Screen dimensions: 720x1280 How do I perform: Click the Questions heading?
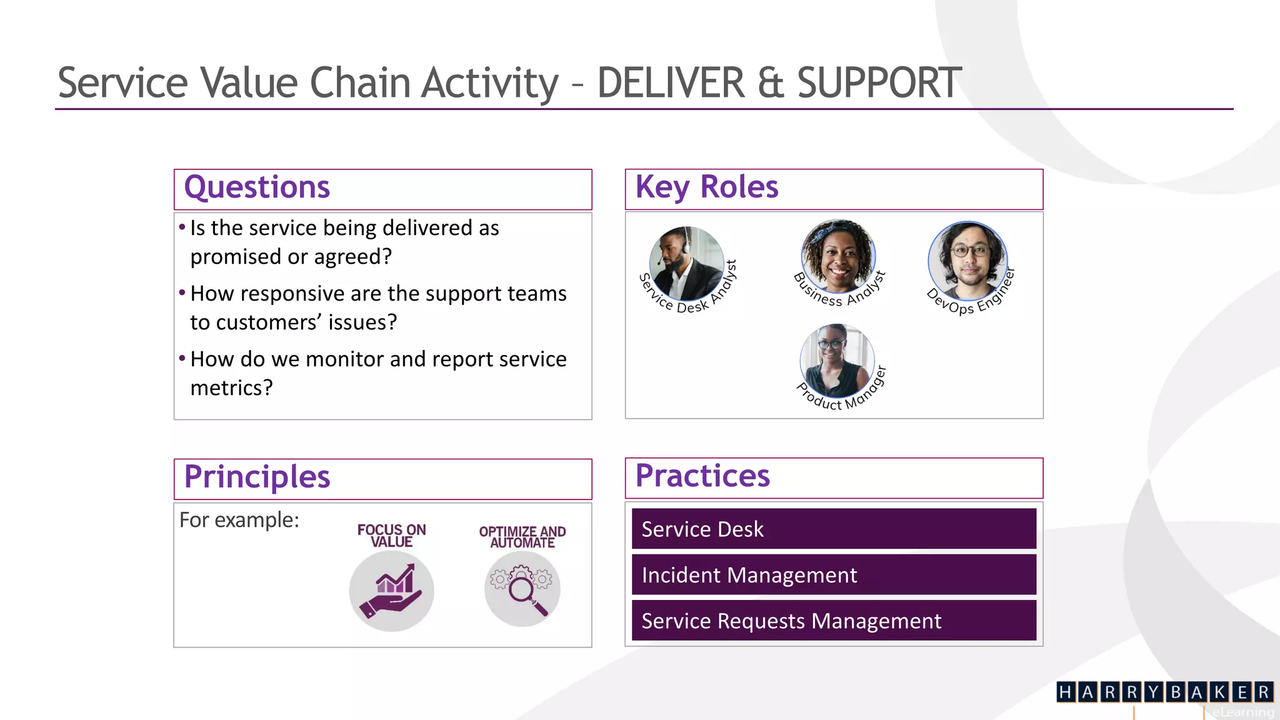tap(257, 187)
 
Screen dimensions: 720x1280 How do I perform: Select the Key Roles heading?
tap(707, 187)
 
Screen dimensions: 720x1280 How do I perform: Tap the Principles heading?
tap(257, 477)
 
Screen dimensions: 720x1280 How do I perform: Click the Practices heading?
tap(702, 476)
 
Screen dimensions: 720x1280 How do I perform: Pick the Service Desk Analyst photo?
tap(686, 263)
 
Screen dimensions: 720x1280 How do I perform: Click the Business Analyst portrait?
tap(838, 256)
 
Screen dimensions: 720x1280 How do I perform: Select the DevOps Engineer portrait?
tap(967, 261)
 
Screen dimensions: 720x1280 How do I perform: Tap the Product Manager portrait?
tap(837, 361)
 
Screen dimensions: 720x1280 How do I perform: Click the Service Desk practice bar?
tap(834, 529)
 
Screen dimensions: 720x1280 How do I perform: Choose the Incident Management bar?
tap(834, 574)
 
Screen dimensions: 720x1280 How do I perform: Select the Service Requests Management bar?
tap(834, 621)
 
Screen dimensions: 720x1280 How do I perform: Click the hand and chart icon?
tap(391, 591)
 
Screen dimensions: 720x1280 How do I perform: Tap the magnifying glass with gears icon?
tap(522, 589)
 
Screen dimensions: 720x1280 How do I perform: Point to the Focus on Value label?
tap(391, 536)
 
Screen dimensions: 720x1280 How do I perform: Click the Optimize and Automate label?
tap(522, 537)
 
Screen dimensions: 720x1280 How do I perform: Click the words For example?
tap(239, 520)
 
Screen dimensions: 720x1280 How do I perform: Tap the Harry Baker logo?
tap(1164, 692)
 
